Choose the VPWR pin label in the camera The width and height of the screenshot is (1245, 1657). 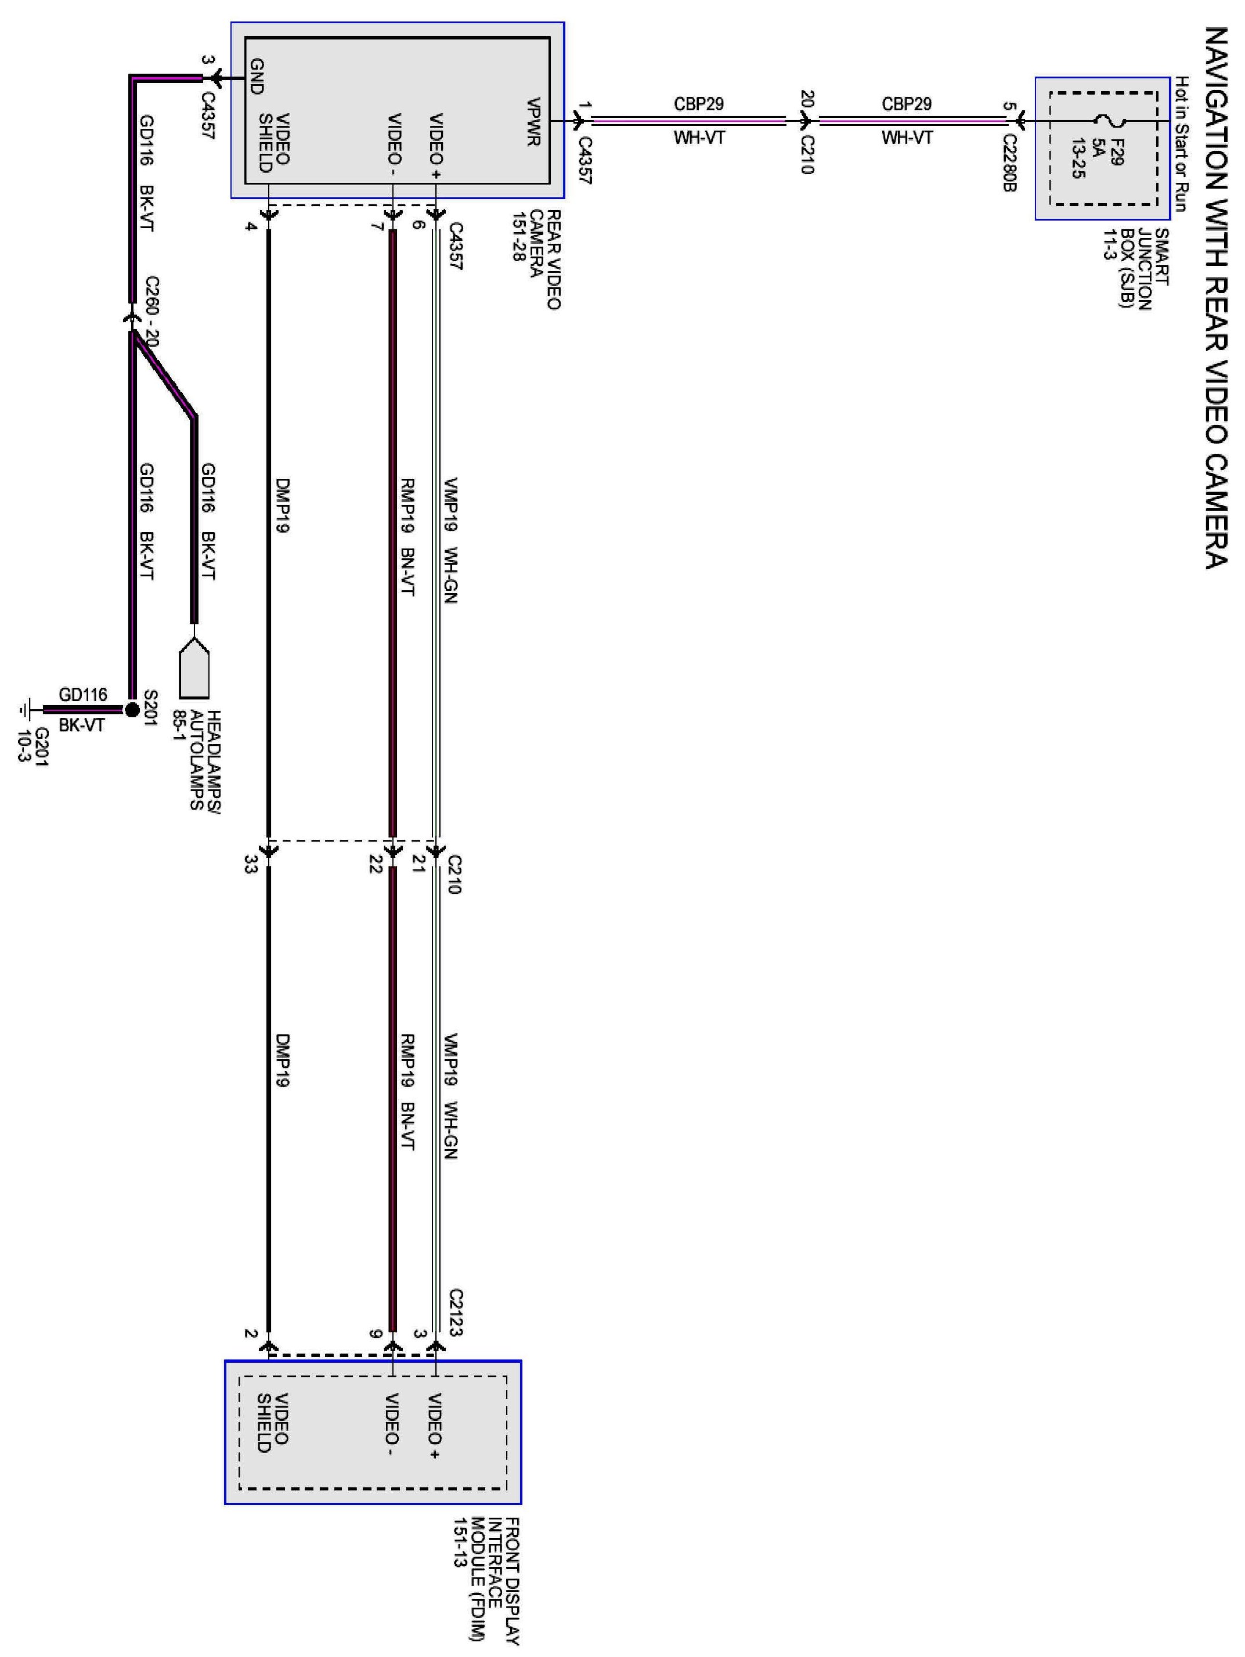533,122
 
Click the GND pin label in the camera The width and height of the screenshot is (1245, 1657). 256,77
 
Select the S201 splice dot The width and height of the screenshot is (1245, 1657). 132,709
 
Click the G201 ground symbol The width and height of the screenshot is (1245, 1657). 28,709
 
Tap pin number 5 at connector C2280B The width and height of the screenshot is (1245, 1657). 1008,106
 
